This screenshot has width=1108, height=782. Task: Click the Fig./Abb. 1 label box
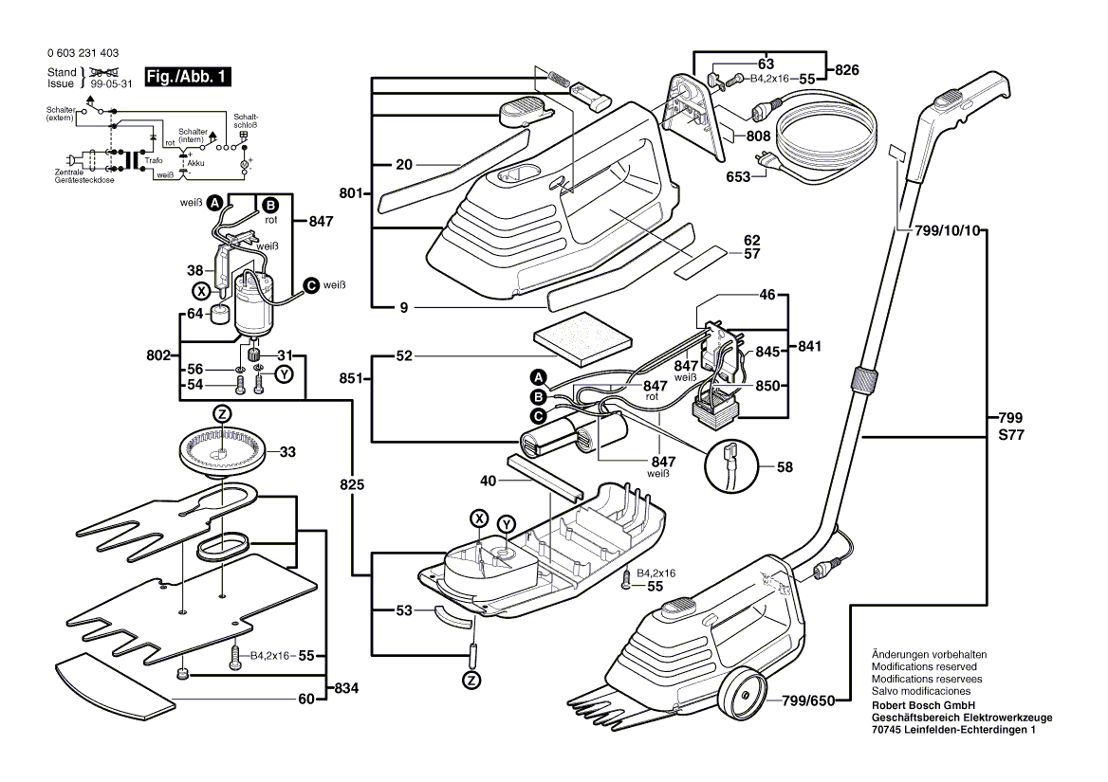186,77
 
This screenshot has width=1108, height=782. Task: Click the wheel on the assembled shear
741,700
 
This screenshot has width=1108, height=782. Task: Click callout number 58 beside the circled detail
785,467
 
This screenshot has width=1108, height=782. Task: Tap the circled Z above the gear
221,414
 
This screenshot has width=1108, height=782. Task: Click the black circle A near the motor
215,203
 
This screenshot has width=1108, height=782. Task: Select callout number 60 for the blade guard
305,700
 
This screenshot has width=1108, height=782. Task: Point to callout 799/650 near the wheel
808,700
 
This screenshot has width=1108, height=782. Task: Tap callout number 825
352,484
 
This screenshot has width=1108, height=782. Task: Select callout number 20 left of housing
404,165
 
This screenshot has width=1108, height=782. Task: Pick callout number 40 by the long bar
489,481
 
